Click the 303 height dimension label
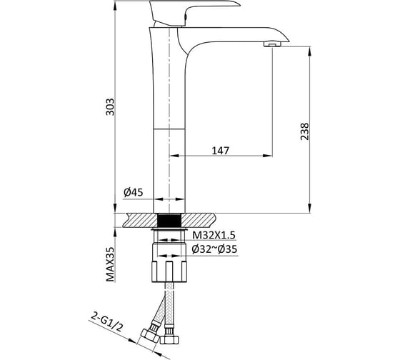tap(110, 106)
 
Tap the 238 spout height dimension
tap(304, 131)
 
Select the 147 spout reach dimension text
tap(221, 151)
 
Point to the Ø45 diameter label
tap(133, 192)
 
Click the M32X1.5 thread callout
tap(214, 235)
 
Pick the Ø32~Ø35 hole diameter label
tap(214, 249)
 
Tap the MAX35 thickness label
tap(110, 264)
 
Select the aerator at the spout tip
tap(272, 44)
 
